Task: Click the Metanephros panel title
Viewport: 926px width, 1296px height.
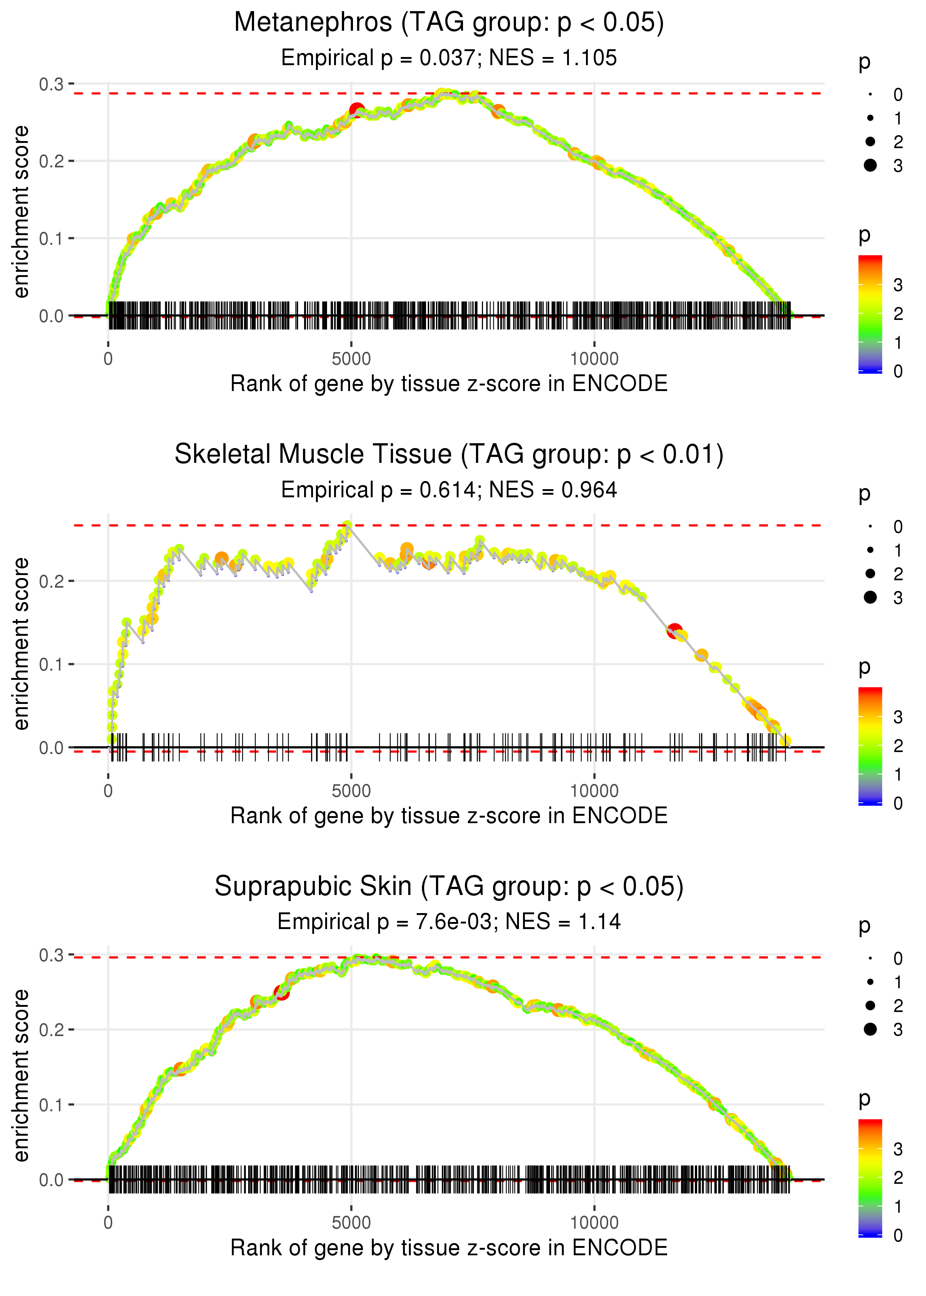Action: click(449, 23)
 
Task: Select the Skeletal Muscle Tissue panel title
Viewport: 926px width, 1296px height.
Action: click(449, 455)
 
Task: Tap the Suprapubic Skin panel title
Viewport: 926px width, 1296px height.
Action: click(449, 887)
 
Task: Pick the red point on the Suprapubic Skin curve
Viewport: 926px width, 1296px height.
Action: click(282, 992)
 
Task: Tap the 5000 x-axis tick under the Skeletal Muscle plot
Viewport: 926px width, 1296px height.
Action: click(351, 791)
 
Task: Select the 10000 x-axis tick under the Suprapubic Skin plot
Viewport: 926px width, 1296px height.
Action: click(594, 1223)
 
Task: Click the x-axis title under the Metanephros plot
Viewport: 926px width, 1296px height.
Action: click(449, 384)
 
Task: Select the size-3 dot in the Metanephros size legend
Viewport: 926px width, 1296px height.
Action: click(870, 165)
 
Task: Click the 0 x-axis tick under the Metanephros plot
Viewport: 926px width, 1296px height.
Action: click(108, 359)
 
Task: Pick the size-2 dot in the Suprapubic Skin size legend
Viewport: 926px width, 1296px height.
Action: click(870, 1005)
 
